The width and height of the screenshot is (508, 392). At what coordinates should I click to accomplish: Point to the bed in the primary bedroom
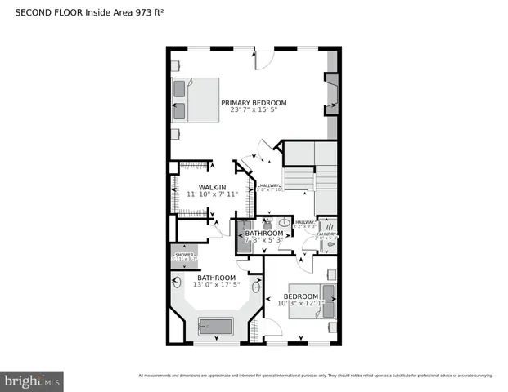[x=196, y=100]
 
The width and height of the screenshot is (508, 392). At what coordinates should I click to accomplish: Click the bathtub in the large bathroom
[x=216, y=327]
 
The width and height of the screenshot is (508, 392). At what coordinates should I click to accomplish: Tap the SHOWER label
[x=184, y=256]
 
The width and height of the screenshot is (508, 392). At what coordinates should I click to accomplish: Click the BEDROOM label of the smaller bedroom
[x=300, y=296]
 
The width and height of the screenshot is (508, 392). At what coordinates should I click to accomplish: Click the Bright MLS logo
[x=33, y=381]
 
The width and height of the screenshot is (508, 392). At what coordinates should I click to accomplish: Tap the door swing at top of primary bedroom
[x=263, y=59]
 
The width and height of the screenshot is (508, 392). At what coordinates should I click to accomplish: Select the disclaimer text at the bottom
[x=315, y=375]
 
